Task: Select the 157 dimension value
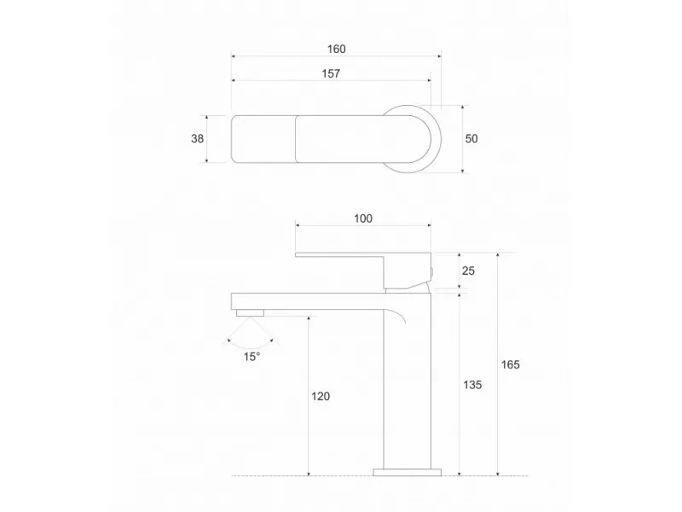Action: coord(331,73)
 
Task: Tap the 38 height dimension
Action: coord(198,137)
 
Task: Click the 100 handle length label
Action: coord(362,218)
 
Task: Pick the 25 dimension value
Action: coord(467,271)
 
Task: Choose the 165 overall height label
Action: coord(511,364)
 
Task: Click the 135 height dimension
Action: coord(472,385)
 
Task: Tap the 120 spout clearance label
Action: coord(321,396)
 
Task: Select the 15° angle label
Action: coord(251,356)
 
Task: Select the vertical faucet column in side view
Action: coord(406,384)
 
